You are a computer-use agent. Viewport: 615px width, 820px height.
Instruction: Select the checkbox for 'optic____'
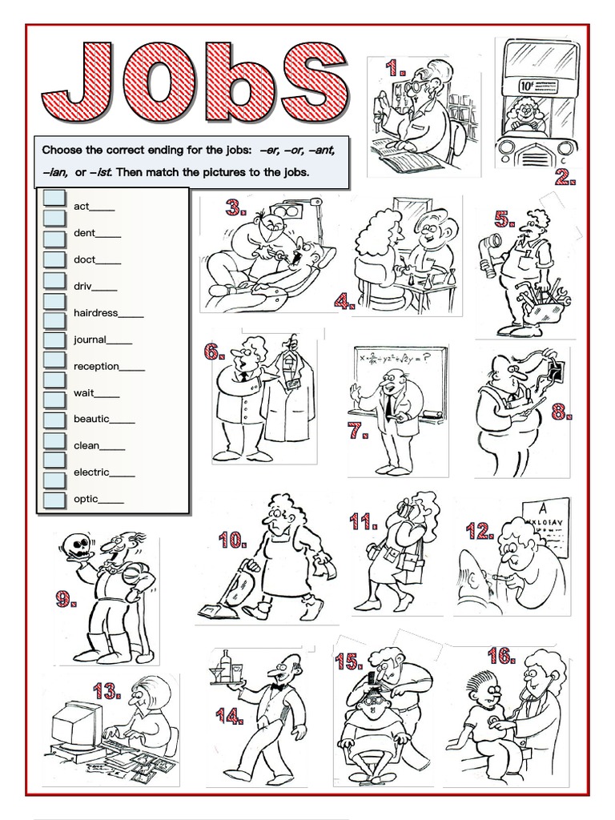click(x=54, y=500)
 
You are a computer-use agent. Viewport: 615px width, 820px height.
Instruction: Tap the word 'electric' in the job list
click(x=91, y=472)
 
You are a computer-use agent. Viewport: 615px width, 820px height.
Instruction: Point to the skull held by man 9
click(x=78, y=548)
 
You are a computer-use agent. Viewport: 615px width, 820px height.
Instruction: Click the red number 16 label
click(x=500, y=657)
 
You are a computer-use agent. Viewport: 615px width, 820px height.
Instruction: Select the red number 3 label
click(x=235, y=209)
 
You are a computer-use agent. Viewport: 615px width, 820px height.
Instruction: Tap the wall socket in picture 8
click(x=553, y=369)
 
